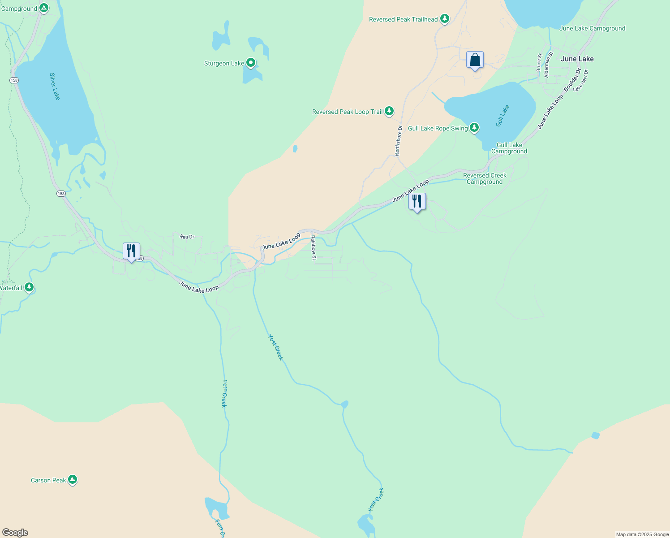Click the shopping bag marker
click(475, 60)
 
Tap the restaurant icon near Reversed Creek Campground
click(417, 201)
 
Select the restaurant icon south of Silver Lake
click(131, 252)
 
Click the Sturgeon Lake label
click(224, 64)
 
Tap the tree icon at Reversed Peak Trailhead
click(445, 19)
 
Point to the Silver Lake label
click(55, 87)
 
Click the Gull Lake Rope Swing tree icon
click(474, 128)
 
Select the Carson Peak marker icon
click(73, 480)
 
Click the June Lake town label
click(577, 59)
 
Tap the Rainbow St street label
click(314, 247)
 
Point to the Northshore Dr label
click(399, 141)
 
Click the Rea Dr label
click(187, 237)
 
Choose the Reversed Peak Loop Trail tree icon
click(389, 111)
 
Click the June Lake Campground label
click(592, 28)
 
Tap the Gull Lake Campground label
click(509, 148)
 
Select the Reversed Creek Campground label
click(485, 178)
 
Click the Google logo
click(15, 533)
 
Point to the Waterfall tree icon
click(29, 287)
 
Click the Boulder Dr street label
click(572, 80)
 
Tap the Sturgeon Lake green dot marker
click(251, 63)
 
